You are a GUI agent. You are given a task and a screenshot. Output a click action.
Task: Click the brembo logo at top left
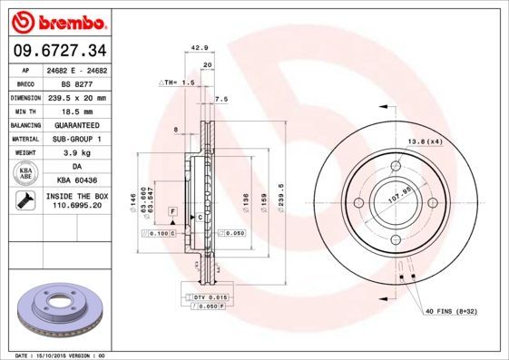[56, 20]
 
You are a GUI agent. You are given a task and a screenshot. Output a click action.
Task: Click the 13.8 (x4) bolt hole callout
[425, 141]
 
